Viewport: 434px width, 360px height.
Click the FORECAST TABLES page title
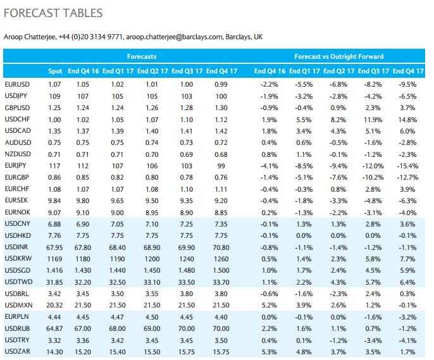[x=53, y=13]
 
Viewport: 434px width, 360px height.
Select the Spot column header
[x=55, y=71]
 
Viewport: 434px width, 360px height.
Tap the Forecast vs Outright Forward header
[x=339, y=56]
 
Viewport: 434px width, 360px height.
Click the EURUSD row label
[x=16, y=84]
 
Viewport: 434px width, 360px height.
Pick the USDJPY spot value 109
[x=55, y=96]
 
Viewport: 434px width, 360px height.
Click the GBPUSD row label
[x=16, y=108]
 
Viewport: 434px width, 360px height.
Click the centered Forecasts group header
[x=141, y=56]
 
